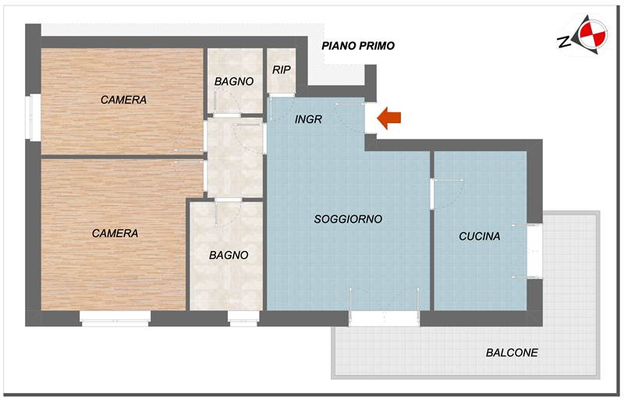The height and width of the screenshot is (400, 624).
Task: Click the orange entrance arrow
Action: tap(388, 118)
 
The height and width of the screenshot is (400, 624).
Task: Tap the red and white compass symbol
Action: tap(593, 34)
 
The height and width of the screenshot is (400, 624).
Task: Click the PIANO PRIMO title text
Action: tap(358, 46)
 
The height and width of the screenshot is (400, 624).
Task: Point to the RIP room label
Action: tap(282, 69)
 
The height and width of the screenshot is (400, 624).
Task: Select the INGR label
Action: tap(308, 119)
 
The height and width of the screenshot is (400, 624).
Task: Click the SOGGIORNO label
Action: tap(348, 219)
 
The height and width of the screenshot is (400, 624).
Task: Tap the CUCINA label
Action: tap(480, 236)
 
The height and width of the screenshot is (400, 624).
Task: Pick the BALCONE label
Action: tap(512, 352)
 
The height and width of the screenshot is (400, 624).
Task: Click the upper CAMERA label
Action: tap(123, 100)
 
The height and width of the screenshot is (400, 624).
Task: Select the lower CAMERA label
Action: tap(115, 233)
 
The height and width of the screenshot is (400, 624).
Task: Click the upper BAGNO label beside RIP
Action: tap(234, 82)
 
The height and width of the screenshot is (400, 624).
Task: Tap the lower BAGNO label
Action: tap(229, 255)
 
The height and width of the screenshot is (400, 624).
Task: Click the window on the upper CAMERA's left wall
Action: tap(34, 117)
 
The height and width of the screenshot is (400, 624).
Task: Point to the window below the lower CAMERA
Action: tap(115, 318)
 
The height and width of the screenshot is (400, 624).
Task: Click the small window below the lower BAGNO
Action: tap(243, 318)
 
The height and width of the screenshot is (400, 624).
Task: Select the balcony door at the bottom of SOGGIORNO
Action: tap(384, 318)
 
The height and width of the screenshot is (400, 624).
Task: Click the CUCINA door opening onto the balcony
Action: tap(535, 251)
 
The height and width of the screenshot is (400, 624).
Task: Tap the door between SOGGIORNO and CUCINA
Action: tap(432, 194)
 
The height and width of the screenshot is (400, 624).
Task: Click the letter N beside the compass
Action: tap(564, 41)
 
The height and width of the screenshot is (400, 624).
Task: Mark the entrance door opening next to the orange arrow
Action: tap(371, 119)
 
